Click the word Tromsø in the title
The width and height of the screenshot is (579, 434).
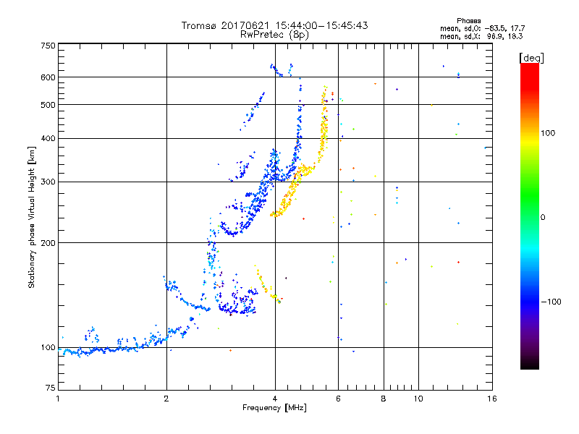coord(200,25)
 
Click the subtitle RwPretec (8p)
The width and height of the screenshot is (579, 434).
coord(275,34)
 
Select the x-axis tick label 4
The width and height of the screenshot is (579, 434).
coord(275,399)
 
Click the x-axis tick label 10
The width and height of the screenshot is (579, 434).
coord(418,399)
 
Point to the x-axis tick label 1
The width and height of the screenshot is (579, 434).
coord(58,399)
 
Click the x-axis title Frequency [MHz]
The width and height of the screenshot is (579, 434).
coord(275,409)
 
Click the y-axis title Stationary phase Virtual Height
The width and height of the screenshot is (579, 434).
coord(32,217)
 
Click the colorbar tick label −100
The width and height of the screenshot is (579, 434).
coord(551,302)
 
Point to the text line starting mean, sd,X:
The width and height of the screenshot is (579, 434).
coord(481,35)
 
